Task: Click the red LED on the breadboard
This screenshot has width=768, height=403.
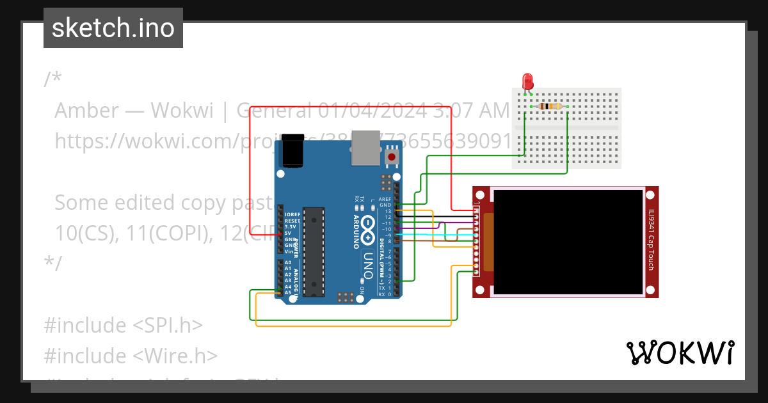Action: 527,81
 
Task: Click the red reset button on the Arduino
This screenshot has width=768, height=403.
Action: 391,157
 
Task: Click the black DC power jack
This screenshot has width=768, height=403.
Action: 292,150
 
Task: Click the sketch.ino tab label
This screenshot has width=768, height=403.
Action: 113,28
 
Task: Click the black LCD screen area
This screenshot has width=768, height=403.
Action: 568,241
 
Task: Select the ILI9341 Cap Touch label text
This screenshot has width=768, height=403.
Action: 651,240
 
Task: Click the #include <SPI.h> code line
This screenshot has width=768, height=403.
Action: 123,325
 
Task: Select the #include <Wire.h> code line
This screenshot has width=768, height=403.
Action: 131,356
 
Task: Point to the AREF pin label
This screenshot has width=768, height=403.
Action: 385,199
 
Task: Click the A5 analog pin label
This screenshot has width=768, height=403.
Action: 288,292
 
